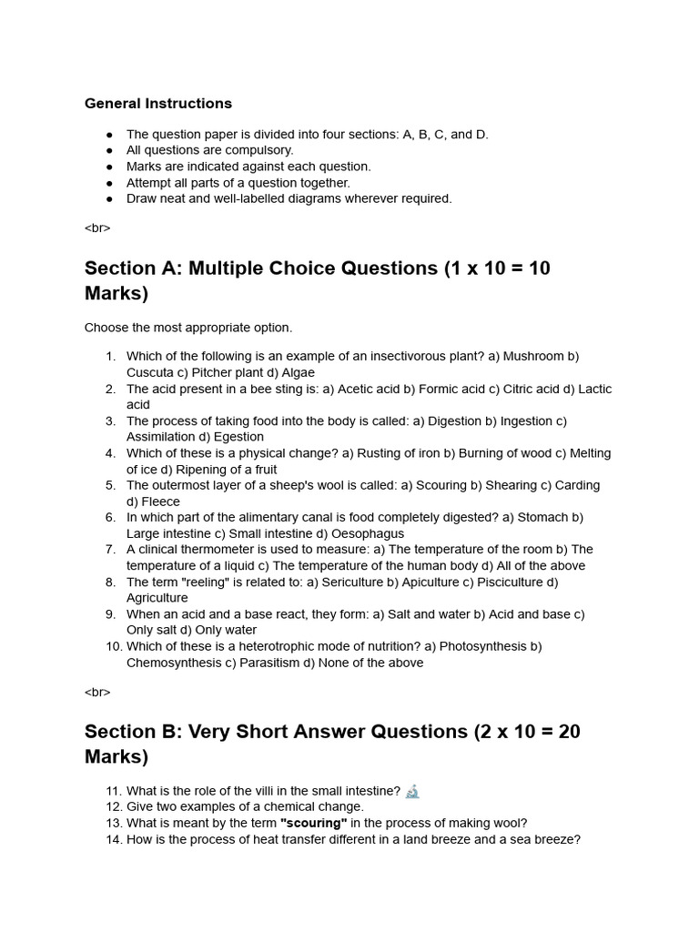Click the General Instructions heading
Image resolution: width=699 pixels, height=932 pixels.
tap(158, 104)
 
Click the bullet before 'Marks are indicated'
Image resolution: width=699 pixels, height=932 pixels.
tap(109, 167)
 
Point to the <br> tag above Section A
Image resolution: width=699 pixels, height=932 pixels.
tap(97, 228)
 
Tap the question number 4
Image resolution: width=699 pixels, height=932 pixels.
tap(110, 453)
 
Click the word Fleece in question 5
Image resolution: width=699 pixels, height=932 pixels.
tap(160, 501)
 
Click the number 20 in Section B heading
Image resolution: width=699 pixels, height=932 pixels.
tap(563, 732)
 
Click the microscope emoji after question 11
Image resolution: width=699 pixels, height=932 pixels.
tap(412, 791)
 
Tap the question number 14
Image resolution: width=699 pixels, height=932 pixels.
tap(113, 839)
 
